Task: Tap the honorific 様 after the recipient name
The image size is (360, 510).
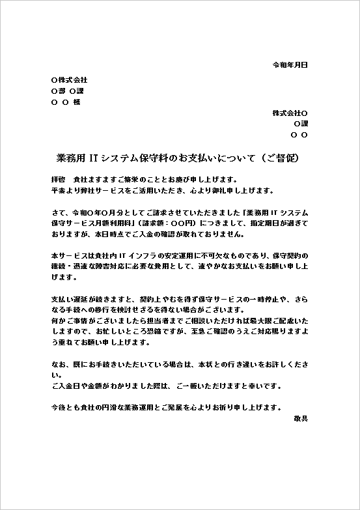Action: pyautogui.click(x=76, y=102)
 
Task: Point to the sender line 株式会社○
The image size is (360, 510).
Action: pyautogui.click(x=290, y=113)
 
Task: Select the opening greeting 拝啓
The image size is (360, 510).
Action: pyautogui.click(x=57, y=179)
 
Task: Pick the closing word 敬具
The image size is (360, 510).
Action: pyautogui.click(x=300, y=418)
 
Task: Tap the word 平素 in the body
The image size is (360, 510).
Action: pyautogui.click(x=57, y=191)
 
